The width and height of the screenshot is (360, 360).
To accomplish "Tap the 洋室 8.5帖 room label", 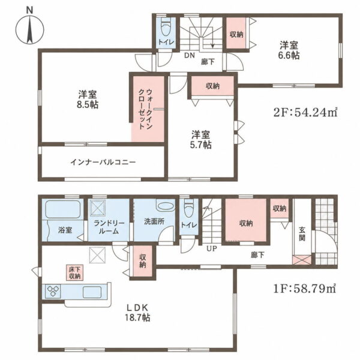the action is [x=87, y=100].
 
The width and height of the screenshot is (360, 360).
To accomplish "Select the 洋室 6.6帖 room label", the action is [x=289, y=50].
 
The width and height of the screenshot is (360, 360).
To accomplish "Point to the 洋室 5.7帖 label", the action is [x=200, y=140].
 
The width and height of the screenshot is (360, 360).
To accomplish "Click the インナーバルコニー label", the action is [x=103, y=163].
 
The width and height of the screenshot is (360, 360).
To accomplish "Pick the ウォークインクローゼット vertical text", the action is [x=146, y=109].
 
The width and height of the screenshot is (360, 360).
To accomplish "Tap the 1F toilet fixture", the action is [x=189, y=208].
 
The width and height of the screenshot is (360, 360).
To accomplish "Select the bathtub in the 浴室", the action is [x=62, y=209].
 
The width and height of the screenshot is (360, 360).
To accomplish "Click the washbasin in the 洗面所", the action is [x=166, y=206].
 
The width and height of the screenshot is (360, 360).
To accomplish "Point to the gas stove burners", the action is [x=53, y=291].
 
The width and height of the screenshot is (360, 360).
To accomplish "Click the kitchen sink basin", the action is [x=92, y=292].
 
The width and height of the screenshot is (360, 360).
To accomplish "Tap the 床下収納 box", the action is [x=75, y=273].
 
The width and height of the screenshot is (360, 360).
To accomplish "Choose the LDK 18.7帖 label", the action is [x=137, y=313].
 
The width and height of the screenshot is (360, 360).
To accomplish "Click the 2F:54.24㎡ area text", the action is [x=305, y=112].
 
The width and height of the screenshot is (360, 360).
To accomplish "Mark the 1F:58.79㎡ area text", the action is [x=305, y=289].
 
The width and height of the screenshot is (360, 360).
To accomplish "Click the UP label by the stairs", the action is [x=211, y=248].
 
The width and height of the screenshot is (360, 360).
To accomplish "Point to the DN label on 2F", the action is [x=190, y=55].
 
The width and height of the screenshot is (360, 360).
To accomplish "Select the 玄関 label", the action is [x=302, y=233].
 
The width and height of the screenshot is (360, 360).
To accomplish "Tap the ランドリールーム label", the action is [x=109, y=227].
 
